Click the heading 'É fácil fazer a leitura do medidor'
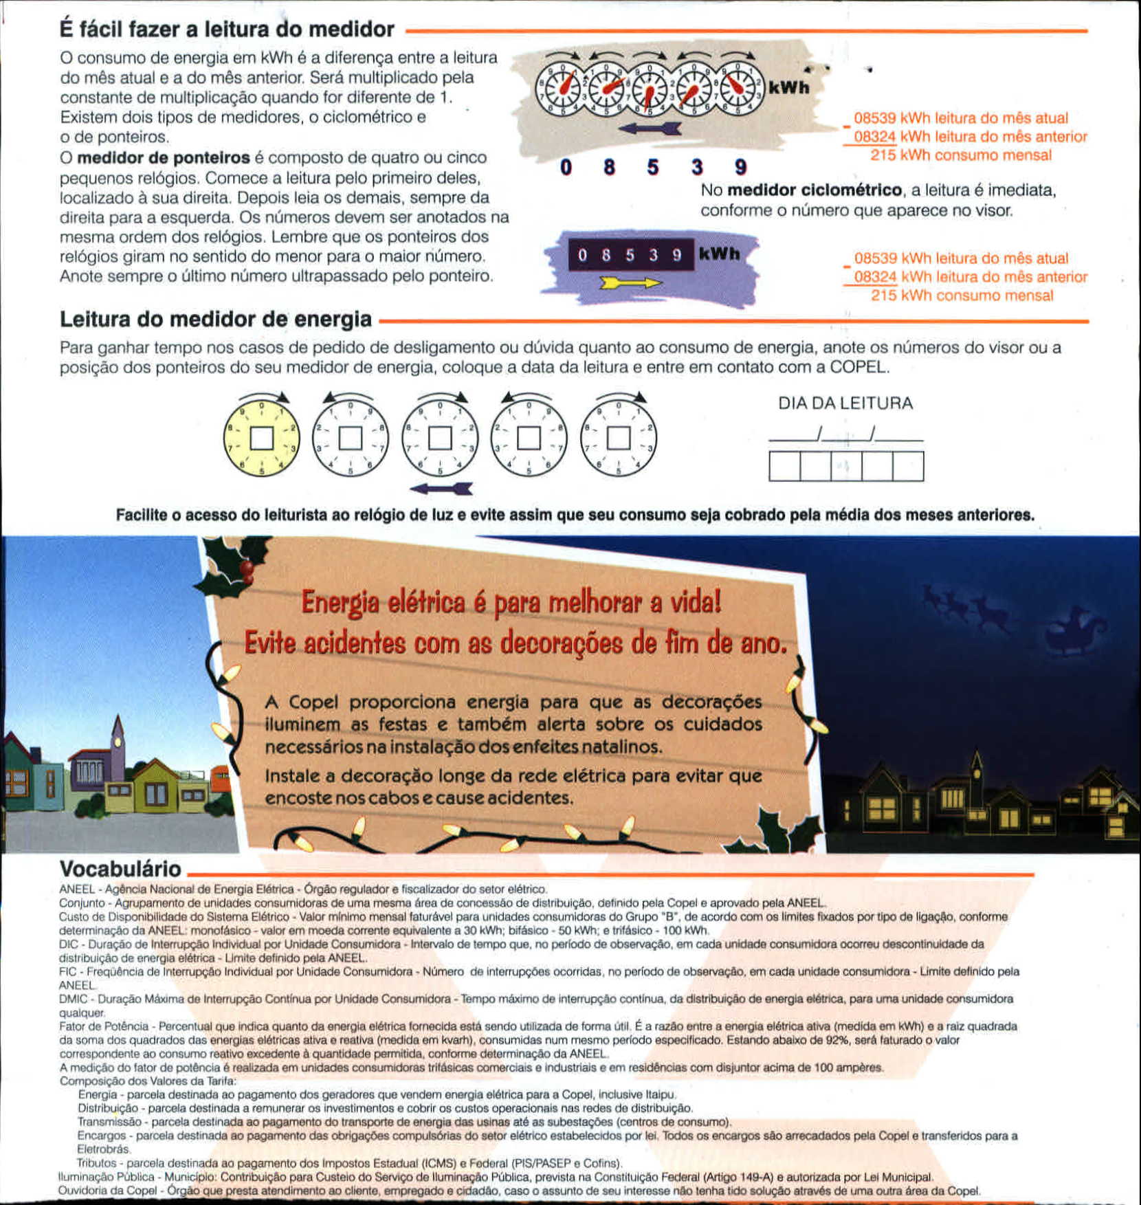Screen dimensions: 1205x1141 click(x=227, y=30)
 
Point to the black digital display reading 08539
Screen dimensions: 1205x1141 click(x=630, y=255)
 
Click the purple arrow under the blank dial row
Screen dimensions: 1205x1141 click(x=441, y=489)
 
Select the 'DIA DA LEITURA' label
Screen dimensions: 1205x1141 click(x=845, y=403)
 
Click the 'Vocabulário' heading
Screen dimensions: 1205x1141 click(x=120, y=868)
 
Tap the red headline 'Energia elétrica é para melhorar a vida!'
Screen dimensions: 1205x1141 click(x=511, y=602)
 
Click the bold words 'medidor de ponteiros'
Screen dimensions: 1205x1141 click(x=164, y=157)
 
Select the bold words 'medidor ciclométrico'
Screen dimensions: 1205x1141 click(x=815, y=190)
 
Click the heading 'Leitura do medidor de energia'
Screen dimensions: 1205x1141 click(x=216, y=320)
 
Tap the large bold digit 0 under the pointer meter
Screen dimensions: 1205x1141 click(x=566, y=167)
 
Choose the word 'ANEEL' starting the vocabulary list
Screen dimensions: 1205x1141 click(x=76, y=889)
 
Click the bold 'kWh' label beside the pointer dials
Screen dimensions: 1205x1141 click(x=788, y=88)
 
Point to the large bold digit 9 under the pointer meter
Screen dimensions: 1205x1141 click(x=740, y=167)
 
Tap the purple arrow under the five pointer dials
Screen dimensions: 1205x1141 click(x=650, y=129)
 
